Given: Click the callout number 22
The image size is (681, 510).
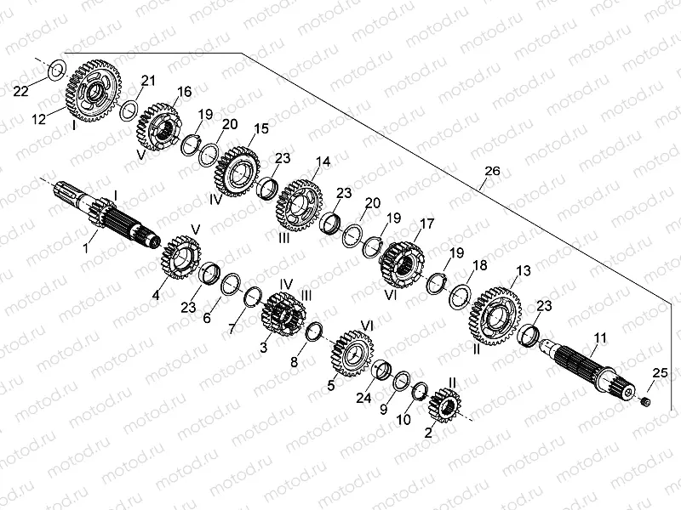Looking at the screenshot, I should point(22,91).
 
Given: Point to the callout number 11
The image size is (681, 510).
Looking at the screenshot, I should point(601,338).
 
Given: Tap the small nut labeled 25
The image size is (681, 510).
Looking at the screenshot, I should point(644,400).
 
